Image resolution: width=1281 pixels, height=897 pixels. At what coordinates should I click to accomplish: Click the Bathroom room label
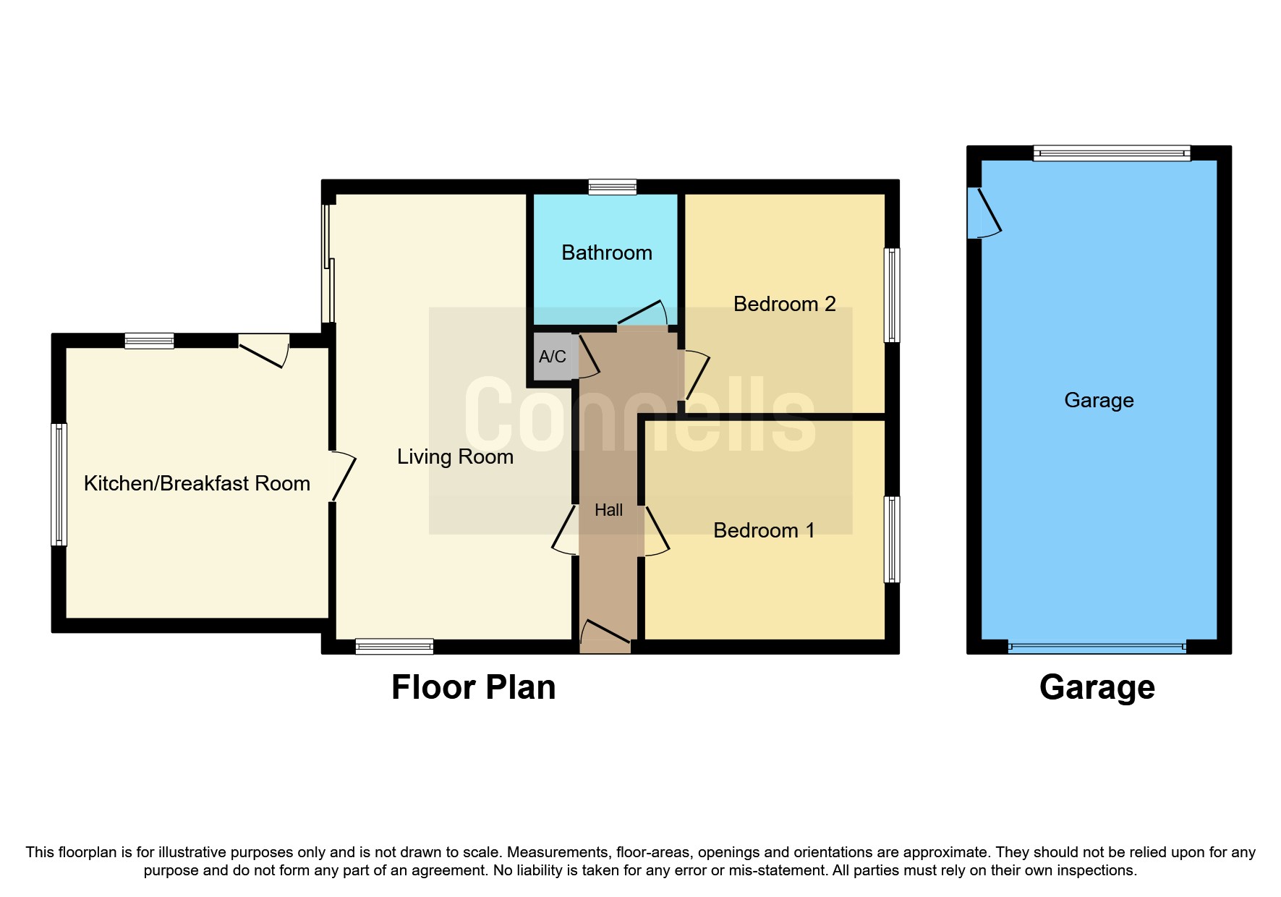coord(606,252)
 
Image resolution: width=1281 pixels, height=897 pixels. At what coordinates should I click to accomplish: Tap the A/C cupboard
coord(553,356)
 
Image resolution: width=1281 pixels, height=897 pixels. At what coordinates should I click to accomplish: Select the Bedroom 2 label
coord(784,304)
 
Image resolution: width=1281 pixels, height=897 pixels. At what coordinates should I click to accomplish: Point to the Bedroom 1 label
coord(764,530)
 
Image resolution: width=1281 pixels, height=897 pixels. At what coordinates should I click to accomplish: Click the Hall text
coord(608,510)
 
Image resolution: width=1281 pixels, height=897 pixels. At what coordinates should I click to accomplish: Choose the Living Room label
coord(455,456)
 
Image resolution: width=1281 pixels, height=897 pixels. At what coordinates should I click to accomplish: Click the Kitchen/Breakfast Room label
coord(197,483)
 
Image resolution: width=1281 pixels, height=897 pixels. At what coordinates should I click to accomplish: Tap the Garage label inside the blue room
coord(1099,400)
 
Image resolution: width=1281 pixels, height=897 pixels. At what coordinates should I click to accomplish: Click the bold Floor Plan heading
coord(473,687)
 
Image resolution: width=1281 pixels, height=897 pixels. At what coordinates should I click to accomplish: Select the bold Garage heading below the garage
coord(1097,687)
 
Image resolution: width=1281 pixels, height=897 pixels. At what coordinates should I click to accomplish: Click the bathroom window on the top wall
coord(612,187)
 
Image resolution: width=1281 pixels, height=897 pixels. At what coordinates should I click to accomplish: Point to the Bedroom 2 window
coord(893,294)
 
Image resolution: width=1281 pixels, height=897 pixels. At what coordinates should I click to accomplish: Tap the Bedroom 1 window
coord(893,539)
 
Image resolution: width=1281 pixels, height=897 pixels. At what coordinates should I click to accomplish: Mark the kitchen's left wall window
coord(59,484)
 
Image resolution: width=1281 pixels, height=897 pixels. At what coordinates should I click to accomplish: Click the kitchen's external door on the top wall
coord(264,349)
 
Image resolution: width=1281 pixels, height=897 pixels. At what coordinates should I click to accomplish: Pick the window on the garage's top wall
coord(1111,153)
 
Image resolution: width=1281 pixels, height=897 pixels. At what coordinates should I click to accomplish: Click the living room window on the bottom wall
coord(394,647)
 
